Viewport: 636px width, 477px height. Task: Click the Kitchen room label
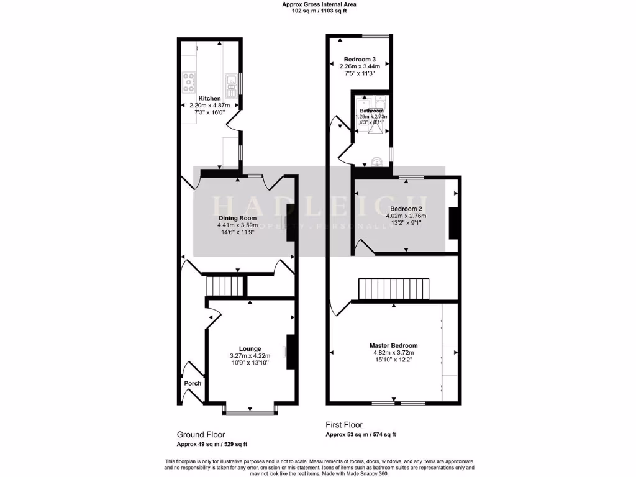[209, 98]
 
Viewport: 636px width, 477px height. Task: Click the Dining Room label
[237, 218]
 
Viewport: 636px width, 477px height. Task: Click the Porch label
[193, 383]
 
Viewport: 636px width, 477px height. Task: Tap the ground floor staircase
[219, 286]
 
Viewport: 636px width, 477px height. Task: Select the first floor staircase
[393, 289]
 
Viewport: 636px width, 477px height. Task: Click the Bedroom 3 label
[360, 60]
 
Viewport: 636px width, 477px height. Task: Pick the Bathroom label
[371, 111]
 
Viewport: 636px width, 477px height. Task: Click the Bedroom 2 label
[406, 208]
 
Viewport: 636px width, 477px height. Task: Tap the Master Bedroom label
[393, 345]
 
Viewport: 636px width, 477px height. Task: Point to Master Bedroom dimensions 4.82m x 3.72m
[393, 353]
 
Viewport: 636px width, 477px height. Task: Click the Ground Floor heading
[201, 435]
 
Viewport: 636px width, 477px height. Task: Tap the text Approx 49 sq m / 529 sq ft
[212, 444]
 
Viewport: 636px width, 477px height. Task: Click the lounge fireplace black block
[290, 352]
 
